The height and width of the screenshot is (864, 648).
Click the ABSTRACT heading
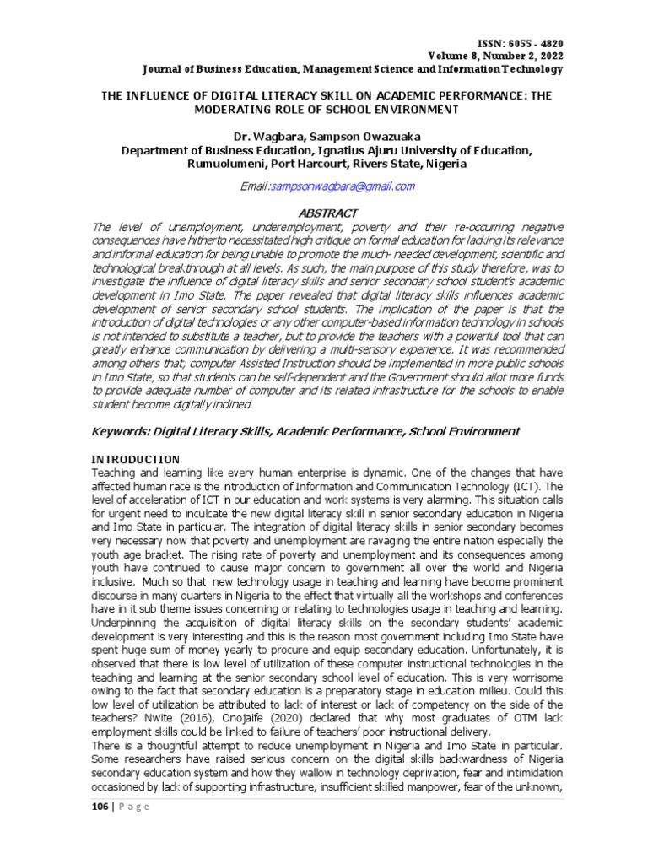(x=323, y=213)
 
